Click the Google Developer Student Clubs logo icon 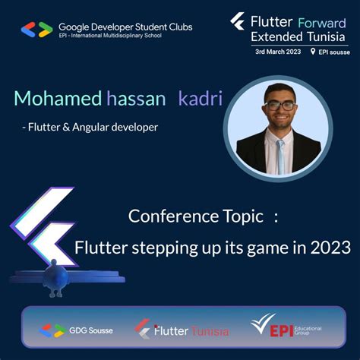pyautogui.click(x=36, y=30)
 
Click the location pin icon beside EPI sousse pyautogui.click(x=312, y=52)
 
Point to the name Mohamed pyautogui.click(x=57, y=99)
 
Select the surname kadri pyautogui.click(x=200, y=99)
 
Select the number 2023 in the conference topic pyautogui.click(x=330, y=248)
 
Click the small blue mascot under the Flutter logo pyautogui.click(x=54, y=279)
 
